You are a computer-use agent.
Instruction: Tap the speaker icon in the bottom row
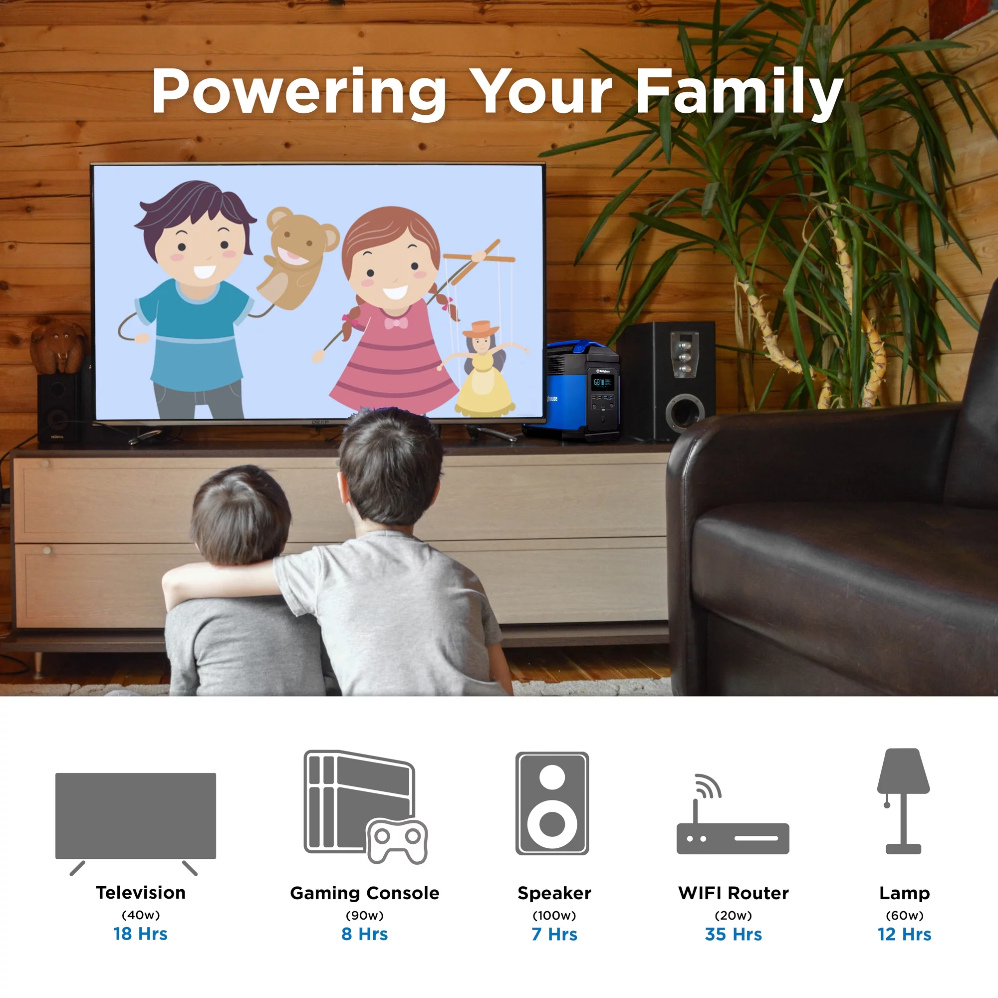[552, 803]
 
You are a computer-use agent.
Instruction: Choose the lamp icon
[904, 801]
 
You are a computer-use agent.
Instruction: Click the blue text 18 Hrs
[141, 934]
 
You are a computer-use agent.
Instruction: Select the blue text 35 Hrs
[734, 935]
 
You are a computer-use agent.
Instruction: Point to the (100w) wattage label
[554, 915]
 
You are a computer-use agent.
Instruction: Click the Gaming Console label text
[365, 894]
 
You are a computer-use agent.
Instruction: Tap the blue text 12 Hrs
[905, 935]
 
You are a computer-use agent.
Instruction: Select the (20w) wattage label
[734, 915]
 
